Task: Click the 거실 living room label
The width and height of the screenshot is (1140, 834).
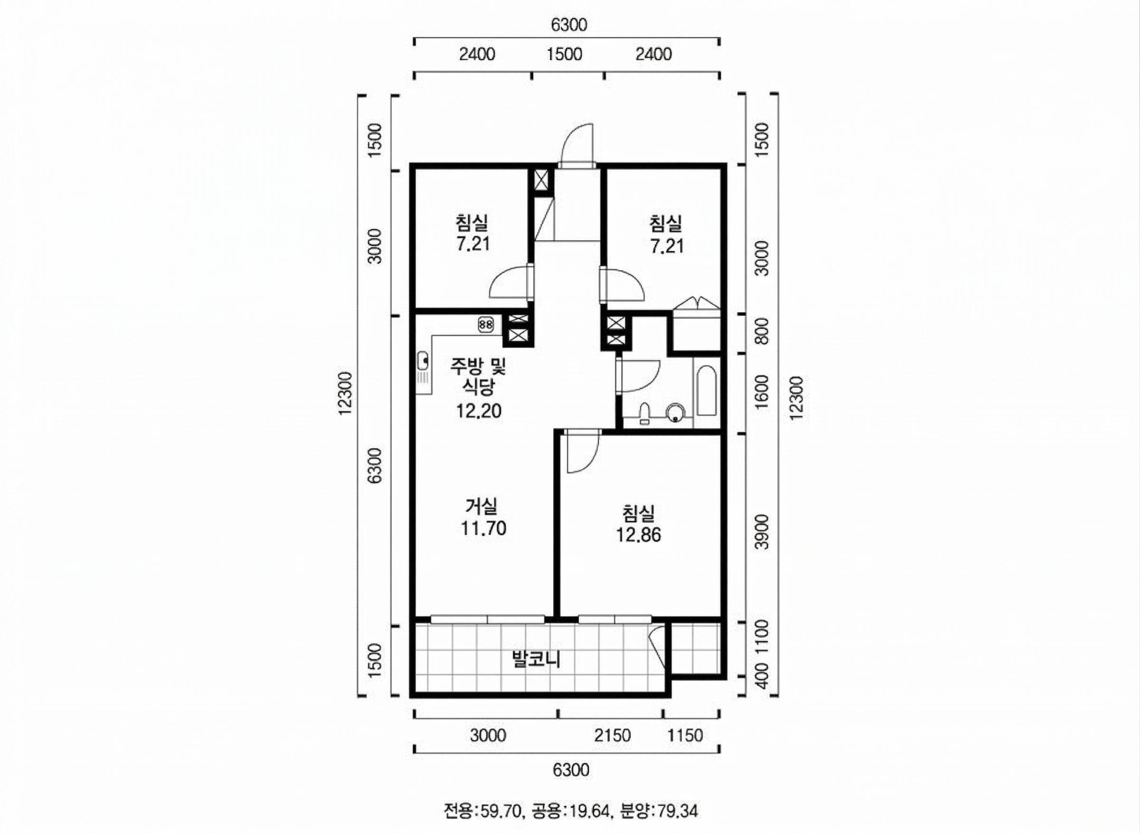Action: [x=481, y=506]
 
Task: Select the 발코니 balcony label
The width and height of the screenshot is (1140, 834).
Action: [x=536, y=659]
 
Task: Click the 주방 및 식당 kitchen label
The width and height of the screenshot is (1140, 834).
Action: [x=478, y=376]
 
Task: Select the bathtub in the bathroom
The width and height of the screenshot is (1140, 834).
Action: [x=706, y=391]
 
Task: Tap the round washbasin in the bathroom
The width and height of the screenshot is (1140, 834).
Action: [x=675, y=412]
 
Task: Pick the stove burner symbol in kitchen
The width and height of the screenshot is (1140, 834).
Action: [x=485, y=325]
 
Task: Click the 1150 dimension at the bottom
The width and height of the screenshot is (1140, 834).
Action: [x=685, y=736]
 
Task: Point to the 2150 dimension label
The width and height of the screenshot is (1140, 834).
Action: [x=612, y=736]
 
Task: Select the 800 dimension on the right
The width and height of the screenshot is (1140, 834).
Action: [x=763, y=331]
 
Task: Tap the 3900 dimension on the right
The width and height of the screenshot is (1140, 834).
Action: [x=763, y=532]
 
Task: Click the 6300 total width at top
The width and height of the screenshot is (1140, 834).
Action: [x=569, y=25]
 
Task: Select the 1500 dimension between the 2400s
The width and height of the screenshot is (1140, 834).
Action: [x=564, y=54]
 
